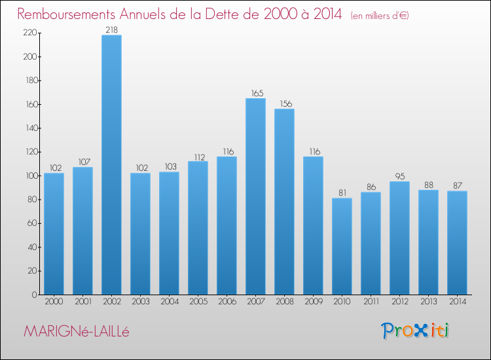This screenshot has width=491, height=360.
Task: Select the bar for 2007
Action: coord(255,196)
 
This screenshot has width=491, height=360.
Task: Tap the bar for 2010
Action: coord(342,246)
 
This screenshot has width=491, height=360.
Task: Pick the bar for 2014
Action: coord(457,243)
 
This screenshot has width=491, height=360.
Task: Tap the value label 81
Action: coord(342,193)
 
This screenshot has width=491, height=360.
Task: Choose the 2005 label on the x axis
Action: coord(198,302)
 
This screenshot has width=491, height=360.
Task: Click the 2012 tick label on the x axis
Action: coord(399,302)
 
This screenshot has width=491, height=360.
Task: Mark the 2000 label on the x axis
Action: coord(54,302)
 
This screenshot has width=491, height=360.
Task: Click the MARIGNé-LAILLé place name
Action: coord(77,331)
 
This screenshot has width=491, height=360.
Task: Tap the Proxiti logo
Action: coord(416,331)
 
